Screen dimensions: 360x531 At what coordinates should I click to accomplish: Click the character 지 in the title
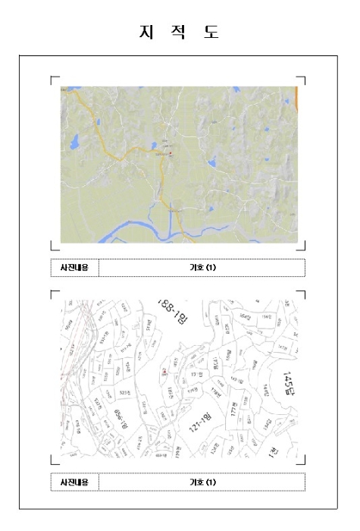pos(145,33)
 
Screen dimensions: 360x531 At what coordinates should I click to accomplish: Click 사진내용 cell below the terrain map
pos(74,267)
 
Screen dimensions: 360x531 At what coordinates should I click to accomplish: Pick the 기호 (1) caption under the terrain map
pos(202,267)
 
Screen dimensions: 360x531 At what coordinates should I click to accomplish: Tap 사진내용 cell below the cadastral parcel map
pos(74,482)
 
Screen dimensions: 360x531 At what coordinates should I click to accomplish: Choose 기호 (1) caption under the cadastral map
pos(202,482)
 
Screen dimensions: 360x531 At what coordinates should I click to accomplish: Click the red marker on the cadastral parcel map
pos(164,371)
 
